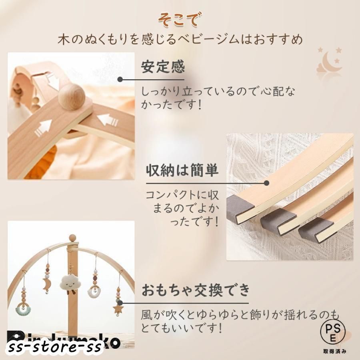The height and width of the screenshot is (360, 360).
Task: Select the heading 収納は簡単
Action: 182,171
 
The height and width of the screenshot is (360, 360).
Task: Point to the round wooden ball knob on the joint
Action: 72,96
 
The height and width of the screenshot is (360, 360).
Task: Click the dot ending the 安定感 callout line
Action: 120,79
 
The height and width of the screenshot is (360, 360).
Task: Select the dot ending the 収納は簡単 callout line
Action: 267,183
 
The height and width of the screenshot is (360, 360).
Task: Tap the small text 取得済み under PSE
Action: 333,351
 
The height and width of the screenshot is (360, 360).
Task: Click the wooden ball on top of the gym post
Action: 72,238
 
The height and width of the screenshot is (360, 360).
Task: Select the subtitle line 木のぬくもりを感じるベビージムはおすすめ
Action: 180,40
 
